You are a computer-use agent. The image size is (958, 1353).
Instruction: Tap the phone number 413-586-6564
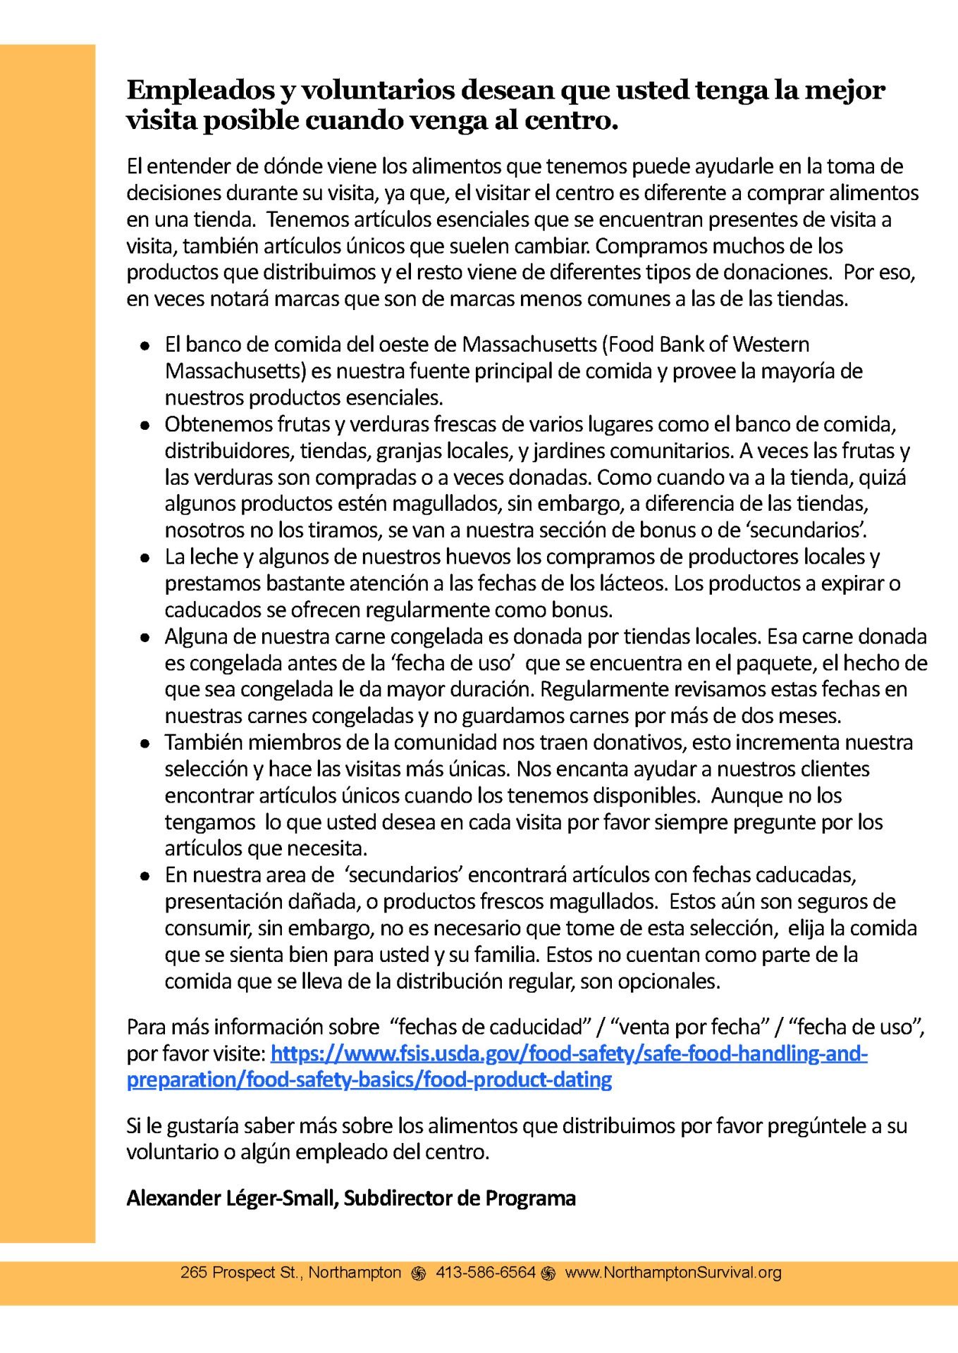pos(486,1273)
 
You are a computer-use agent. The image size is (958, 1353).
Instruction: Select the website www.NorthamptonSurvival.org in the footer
pos(673,1273)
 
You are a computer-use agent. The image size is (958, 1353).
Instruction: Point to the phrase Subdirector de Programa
pos(460,1198)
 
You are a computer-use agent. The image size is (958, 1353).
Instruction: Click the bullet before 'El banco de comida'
pos(145,346)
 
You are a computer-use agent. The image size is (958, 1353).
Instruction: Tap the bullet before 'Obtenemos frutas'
pos(145,426)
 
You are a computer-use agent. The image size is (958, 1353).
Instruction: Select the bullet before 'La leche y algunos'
pos(145,558)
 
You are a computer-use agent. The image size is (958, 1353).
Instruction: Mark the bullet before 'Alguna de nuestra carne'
pos(145,638)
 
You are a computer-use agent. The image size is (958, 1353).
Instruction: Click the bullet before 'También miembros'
pos(145,743)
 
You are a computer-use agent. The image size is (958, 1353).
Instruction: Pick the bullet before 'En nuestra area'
pos(145,876)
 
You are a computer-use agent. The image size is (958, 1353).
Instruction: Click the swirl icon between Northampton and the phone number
pos(419,1273)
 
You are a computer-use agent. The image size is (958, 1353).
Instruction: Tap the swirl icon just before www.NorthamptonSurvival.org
pos(550,1273)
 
